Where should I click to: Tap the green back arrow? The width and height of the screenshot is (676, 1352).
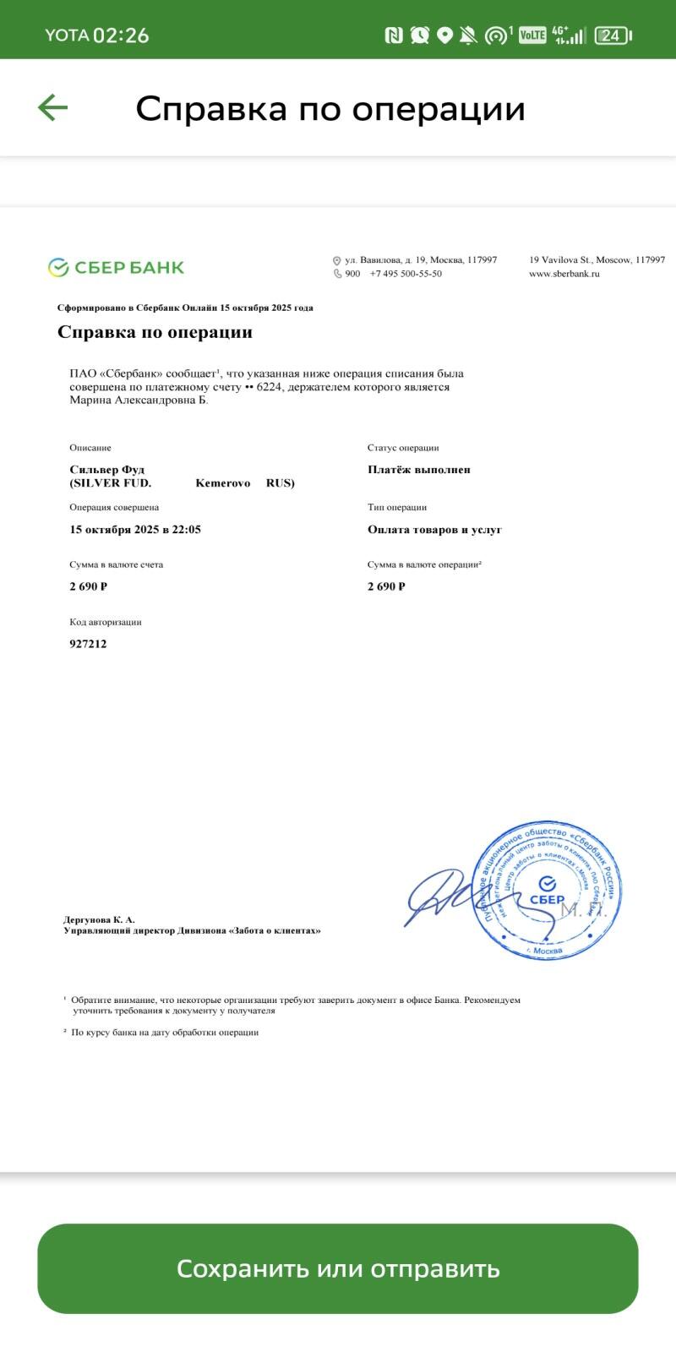click(52, 108)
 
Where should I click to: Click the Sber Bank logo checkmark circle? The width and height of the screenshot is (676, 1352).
click(58, 268)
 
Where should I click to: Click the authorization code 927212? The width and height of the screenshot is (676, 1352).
click(88, 644)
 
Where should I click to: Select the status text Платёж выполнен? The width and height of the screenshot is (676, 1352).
click(419, 470)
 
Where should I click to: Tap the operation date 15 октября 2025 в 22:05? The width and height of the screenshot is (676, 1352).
click(135, 530)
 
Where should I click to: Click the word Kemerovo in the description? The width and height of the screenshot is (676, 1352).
click(223, 483)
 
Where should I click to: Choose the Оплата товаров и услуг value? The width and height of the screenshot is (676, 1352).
click(434, 530)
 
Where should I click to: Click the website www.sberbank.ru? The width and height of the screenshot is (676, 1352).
click(564, 274)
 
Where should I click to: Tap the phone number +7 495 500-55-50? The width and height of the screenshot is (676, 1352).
click(406, 274)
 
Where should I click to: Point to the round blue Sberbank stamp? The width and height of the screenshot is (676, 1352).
click(547, 889)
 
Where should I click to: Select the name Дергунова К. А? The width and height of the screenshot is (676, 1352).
click(99, 919)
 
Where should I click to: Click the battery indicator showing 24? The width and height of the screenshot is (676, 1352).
click(613, 35)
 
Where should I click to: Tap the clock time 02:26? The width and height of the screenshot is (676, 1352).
click(121, 35)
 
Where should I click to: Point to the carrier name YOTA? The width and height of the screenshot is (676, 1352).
click(67, 35)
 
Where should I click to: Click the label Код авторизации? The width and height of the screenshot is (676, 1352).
click(106, 622)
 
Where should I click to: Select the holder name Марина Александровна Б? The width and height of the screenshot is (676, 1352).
click(139, 401)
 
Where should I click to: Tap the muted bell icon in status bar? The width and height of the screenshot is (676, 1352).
click(468, 35)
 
